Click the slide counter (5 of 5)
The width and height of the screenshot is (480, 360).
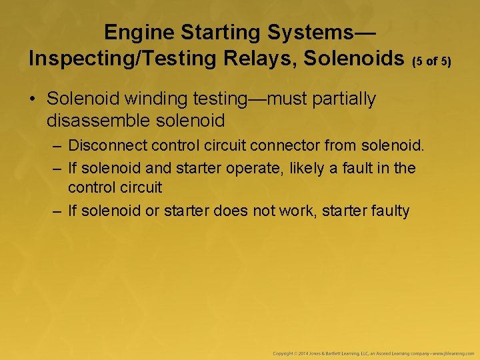tap(432, 62)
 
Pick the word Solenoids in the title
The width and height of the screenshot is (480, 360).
tap(354, 59)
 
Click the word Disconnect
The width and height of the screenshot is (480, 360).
tap(106, 145)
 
